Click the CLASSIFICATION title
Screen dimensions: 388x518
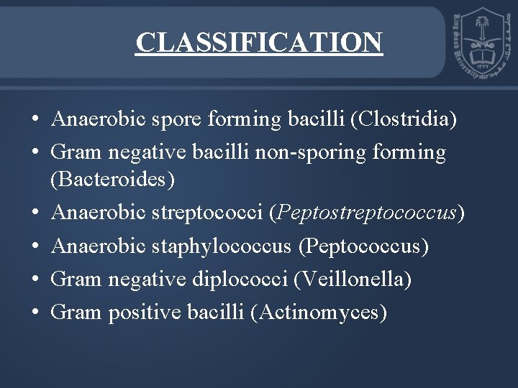click(x=259, y=42)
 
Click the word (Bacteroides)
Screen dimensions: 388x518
click(x=112, y=179)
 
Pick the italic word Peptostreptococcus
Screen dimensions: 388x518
click(x=368, y=213)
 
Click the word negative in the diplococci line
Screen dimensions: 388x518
click(x=147, y=279)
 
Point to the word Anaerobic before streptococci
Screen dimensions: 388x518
click(x=99, y=213)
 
